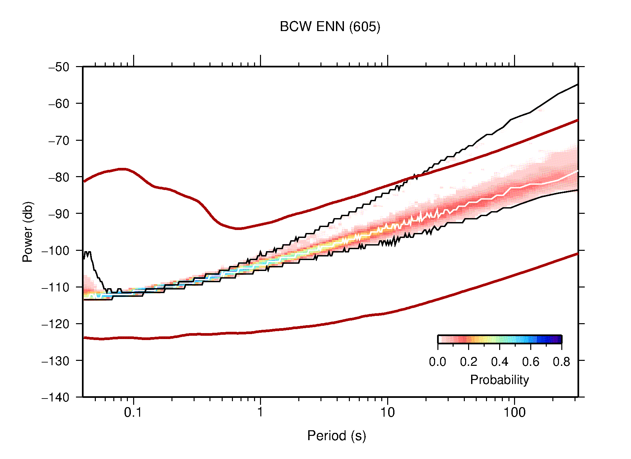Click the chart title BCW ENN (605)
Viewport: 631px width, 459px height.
pyautogui.click(x=330, y=27)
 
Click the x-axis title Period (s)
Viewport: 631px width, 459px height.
pyautogui.click(x=336, y=436)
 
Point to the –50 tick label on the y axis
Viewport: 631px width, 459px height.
pyautogui.click(x=59, y=67)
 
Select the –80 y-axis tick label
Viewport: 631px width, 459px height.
pyautogui.click(x=59, y=177)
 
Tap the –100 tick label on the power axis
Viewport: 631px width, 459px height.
pyautogui.click(x=56, y=250)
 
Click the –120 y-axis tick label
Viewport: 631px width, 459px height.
pyautogui.click(x=56, y=324)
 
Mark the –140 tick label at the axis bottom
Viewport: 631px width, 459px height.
pyautogui.click(x=56, y=397)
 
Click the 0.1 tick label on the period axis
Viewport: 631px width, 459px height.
pyautogui.click(x=133, y=412)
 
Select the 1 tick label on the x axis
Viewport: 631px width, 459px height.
pyautogui.click(x=260, y=412)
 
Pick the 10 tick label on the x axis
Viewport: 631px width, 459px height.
pyautogui.click(x=387, y=412)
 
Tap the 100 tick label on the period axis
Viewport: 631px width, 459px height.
pyautogui.click(x=514, y=412)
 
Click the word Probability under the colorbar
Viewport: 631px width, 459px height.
pyautogui.click(x=499, y=380)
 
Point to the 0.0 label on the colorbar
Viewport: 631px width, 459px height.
pyautogui.click(x=437, y=362)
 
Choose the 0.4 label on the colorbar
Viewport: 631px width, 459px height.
pyautogui.click(x=499, y=362)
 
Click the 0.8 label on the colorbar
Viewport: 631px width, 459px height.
pyautogui.click(x=561, y=362)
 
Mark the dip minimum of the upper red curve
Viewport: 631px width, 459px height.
pyautogui.click(x=239, y=228)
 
